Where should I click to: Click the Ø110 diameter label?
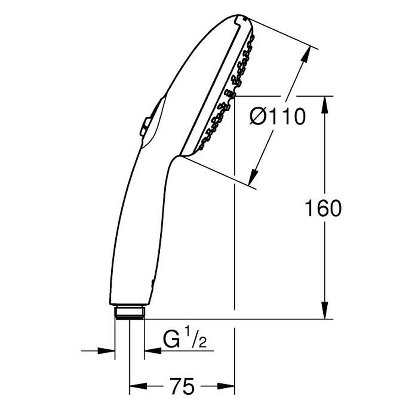(277, 116)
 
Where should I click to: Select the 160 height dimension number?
(323, 208)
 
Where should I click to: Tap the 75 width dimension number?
(182, 386)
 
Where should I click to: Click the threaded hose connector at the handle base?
(130, 312)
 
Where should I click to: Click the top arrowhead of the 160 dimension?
(325, 105)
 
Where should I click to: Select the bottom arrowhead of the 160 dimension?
(325, 310)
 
